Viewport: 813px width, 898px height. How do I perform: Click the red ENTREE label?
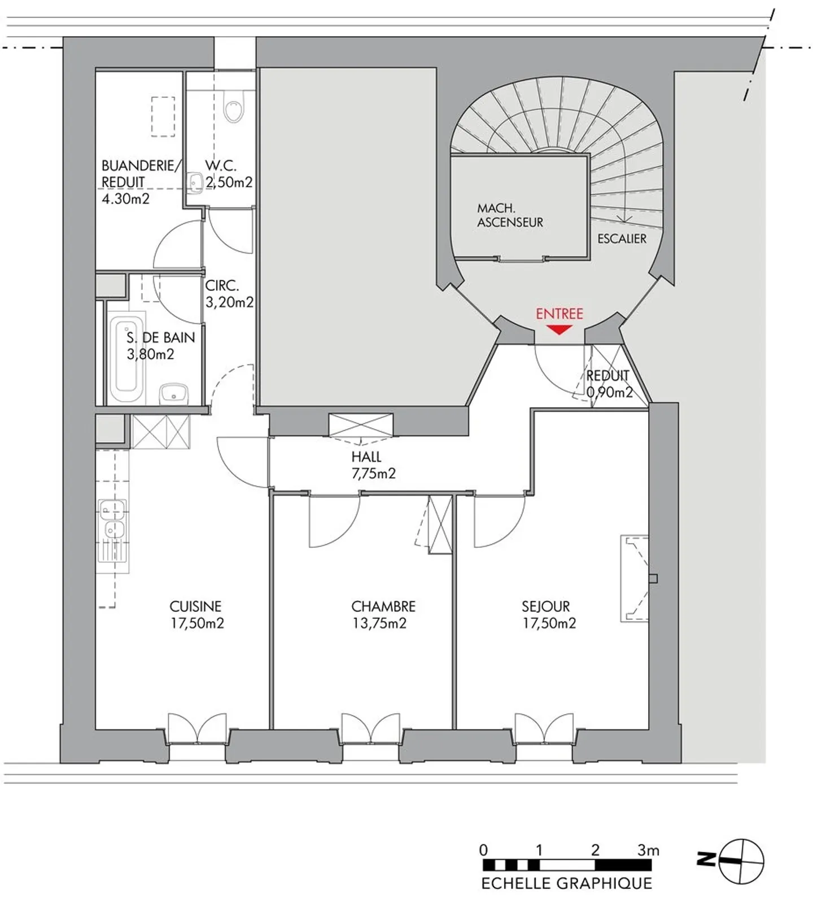point(559,314)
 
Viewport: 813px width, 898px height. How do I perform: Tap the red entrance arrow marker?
point(558,330)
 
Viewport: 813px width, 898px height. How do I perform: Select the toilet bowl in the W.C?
point(233,106)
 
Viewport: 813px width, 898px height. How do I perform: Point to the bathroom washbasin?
point(174,394)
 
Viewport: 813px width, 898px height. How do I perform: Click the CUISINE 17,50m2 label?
point(196,615)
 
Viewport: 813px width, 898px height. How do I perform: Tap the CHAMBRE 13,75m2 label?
point(383,615)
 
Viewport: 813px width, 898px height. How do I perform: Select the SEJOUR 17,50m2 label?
point(548,615)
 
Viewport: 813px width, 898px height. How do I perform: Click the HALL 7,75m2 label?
point(373,465)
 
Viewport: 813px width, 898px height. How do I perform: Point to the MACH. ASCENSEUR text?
point(510,215)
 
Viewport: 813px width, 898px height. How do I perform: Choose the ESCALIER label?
point(622,239)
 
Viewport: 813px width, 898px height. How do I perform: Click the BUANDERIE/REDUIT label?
point(141,174)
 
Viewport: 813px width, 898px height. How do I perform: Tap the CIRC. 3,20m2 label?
point(229,294)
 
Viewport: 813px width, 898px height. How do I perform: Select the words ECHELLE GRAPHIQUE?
point(566,883)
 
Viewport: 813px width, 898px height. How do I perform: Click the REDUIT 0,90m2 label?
point(609,384)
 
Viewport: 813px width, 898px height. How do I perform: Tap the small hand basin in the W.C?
point(195,182)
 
